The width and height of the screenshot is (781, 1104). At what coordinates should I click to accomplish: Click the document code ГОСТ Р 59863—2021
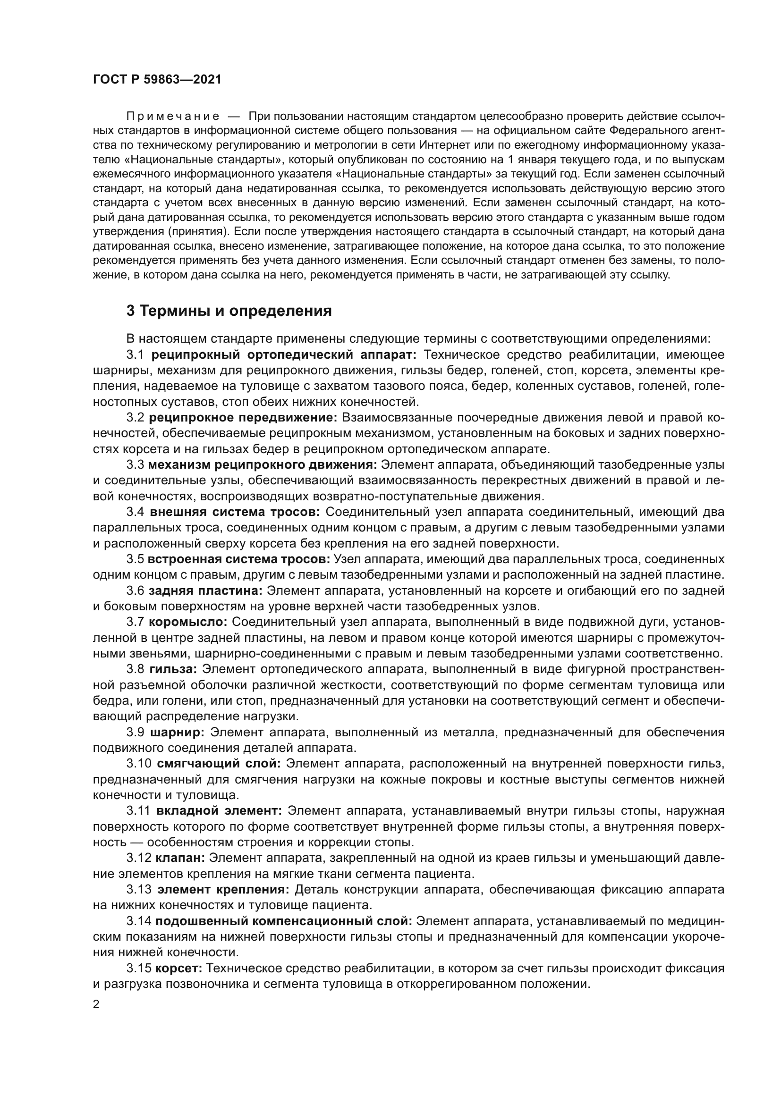(157, 80)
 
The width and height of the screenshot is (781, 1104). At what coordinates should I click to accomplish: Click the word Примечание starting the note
(173, 117)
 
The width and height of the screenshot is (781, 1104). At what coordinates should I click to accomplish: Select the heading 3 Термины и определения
(229, 311)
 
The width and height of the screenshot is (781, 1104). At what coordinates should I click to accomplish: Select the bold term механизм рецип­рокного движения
(263, 464)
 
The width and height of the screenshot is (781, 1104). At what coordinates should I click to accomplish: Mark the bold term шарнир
(178, 732)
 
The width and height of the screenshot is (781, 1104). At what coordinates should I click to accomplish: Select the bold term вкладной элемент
(219, 810)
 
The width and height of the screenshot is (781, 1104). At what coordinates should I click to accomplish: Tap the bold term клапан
(180, 857)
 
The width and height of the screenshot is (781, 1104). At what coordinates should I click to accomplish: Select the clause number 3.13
(138, 889)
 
